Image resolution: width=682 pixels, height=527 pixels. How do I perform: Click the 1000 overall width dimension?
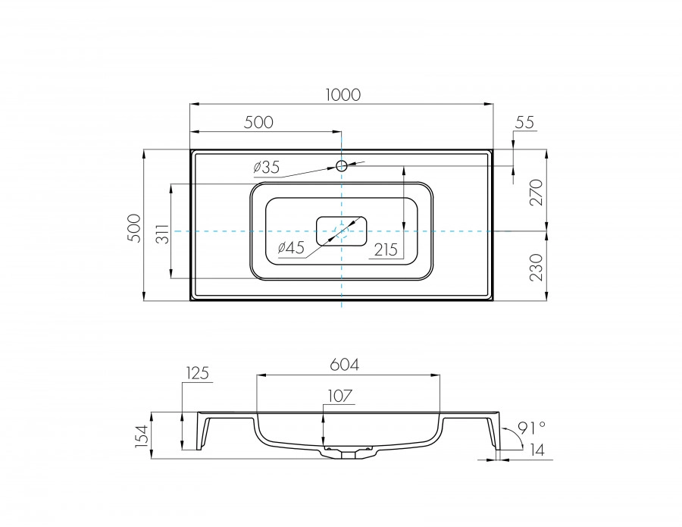point(343,95)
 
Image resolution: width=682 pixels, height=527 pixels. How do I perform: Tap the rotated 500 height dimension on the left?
point(134,227)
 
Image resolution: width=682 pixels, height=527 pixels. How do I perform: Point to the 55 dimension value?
point(524,122)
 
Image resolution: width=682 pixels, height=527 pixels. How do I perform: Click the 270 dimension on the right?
point(536,193)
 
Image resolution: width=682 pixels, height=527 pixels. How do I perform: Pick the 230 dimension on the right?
point(536,268)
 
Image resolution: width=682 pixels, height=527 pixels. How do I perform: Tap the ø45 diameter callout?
point(291,247)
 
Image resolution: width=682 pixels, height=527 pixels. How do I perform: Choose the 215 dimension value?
point(386,249)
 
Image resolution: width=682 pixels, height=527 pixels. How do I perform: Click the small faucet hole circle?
point(342,165)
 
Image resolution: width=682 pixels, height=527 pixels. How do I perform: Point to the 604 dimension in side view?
point(345,365)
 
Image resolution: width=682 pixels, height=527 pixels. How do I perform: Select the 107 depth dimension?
point(340,396)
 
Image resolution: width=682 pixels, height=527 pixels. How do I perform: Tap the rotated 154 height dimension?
point(141,436)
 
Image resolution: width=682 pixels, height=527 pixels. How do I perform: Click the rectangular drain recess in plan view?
point(342,231)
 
